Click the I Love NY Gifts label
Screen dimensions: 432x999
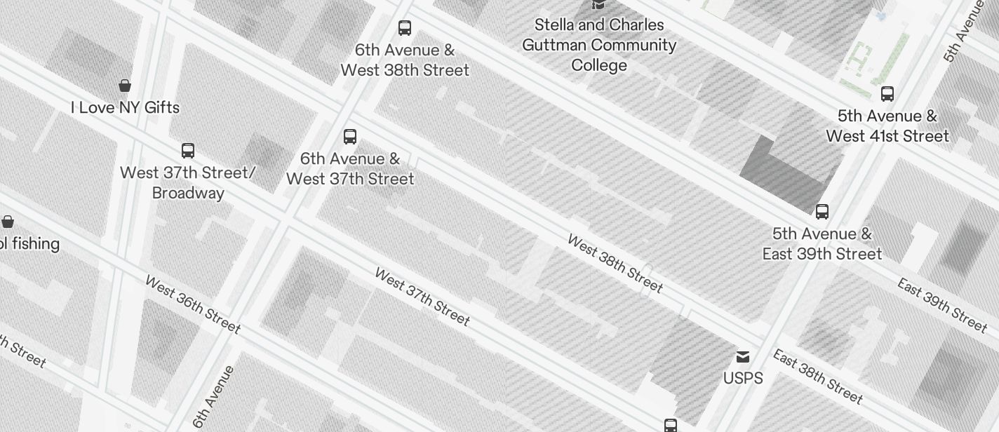(x=125, y=107)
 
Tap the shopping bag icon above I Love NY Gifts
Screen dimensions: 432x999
(x=125, y=86)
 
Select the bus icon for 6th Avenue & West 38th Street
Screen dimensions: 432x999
(x=405, y=28)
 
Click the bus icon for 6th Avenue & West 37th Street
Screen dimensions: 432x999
(x=350, y=137)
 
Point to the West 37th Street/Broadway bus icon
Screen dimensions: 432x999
(x=188, y=151)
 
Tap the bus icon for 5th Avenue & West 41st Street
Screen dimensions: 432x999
(x=887, y=94)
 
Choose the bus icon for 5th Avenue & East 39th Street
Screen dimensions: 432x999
(x=822, y=211)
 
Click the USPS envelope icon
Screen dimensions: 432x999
(x=743, y=358)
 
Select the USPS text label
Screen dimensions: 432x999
(x=743, y=378)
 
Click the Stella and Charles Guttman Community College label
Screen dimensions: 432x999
(x=599, y=45)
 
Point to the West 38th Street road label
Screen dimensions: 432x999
(x=615, y=264)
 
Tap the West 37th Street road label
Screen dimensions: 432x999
(x=422, y=297)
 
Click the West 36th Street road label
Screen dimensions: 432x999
(x=193, y=304)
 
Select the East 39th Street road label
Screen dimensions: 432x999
(x=942, y=304)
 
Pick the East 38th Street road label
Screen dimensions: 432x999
(x=817, y=376)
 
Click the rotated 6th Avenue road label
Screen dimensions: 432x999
(x=213, y=397)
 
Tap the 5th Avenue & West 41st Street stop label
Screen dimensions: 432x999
(x=887, y=126)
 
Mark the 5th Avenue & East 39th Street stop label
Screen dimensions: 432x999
(x=822, y=243)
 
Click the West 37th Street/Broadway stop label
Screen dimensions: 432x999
(x=188, y=182)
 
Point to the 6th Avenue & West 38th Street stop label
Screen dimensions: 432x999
(x=405, y=60)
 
